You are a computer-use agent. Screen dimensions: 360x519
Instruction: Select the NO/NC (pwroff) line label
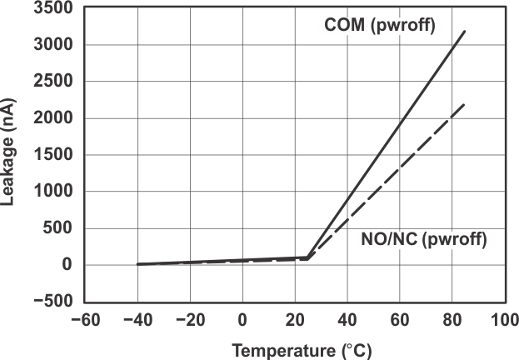422,239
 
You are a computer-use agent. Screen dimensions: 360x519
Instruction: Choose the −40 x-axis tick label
137,320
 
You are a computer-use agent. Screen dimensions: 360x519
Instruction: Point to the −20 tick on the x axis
190,320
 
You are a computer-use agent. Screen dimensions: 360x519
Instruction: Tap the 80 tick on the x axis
452,320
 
